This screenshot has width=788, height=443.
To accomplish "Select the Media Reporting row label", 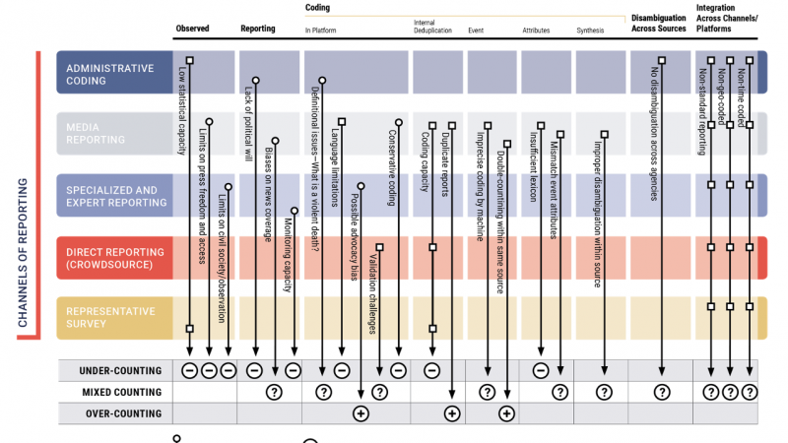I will [96, 133].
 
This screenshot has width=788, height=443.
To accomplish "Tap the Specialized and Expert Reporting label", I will [111, 195].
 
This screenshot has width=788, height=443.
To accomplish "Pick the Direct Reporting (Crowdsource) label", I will [111, 259].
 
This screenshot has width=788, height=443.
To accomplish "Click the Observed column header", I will [192, 30].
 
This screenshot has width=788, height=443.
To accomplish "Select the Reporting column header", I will [258, 30].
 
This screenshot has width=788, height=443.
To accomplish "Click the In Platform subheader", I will [321, 30].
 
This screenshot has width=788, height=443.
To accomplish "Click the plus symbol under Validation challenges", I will [361, 413].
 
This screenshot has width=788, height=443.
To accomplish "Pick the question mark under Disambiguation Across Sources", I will [658, 392].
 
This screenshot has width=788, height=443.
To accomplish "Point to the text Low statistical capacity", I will [182, 112].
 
